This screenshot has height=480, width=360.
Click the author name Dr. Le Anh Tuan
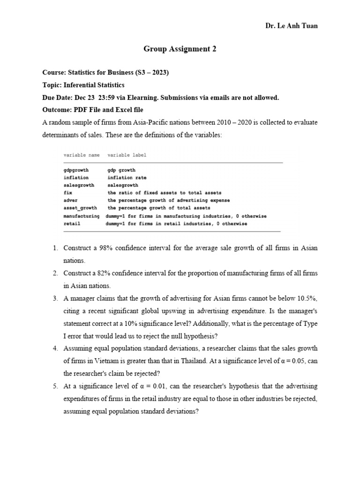(x=291, y=26)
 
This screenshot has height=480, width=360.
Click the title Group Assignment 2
(x=180, y=48)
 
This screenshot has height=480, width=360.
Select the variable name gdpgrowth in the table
(x=76, y=170)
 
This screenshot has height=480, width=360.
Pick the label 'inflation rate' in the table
(x=127, y=178)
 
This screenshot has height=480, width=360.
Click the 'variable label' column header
(x=127, y=155)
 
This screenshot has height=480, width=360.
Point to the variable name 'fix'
(x=68, y=193)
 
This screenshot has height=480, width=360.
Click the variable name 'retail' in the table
(x=72, y=224)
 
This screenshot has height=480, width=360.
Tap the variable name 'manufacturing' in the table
(x=82, y=216)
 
